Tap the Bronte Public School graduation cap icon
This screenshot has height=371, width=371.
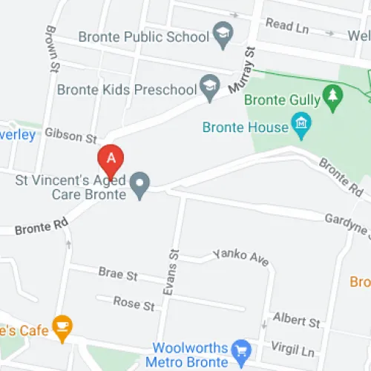click(x=221, y=33)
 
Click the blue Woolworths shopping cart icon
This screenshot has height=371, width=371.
click(x=240, y=348)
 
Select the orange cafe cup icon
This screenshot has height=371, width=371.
click(x=63, y=326)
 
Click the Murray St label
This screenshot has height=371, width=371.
click(x=242, y=71)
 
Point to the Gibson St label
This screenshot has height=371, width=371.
click(x=71, y=136)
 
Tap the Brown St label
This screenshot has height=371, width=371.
click(x=51, y=50)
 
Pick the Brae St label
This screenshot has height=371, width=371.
click(x=118, y=274)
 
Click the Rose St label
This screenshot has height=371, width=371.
click(x=134, y=303)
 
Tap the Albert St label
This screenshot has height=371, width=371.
click(x=296, y=321)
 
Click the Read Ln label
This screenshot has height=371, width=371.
click(x=286, y=24)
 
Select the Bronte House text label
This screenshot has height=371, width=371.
click(x=245, y=127)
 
